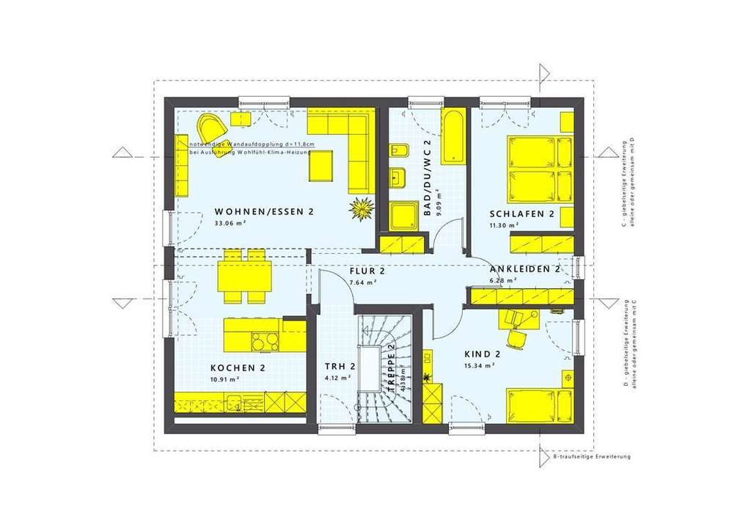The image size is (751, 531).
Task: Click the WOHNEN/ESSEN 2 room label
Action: (264, 212)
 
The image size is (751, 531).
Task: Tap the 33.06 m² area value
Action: (230, 223)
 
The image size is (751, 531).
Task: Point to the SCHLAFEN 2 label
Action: (521, 214)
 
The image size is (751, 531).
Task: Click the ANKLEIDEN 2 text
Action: (524, 269)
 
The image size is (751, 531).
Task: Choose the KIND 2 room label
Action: (482, 354)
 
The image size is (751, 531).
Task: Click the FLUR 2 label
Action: (367, 270)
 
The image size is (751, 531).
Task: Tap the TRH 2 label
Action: (340, 367)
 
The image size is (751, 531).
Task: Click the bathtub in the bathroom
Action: (453, 136)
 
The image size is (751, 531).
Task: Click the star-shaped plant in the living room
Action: (361, 210)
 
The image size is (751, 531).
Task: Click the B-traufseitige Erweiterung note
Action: (591, 457)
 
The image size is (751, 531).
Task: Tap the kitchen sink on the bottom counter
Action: (236, 403)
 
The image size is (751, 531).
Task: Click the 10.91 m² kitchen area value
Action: (224, 379)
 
